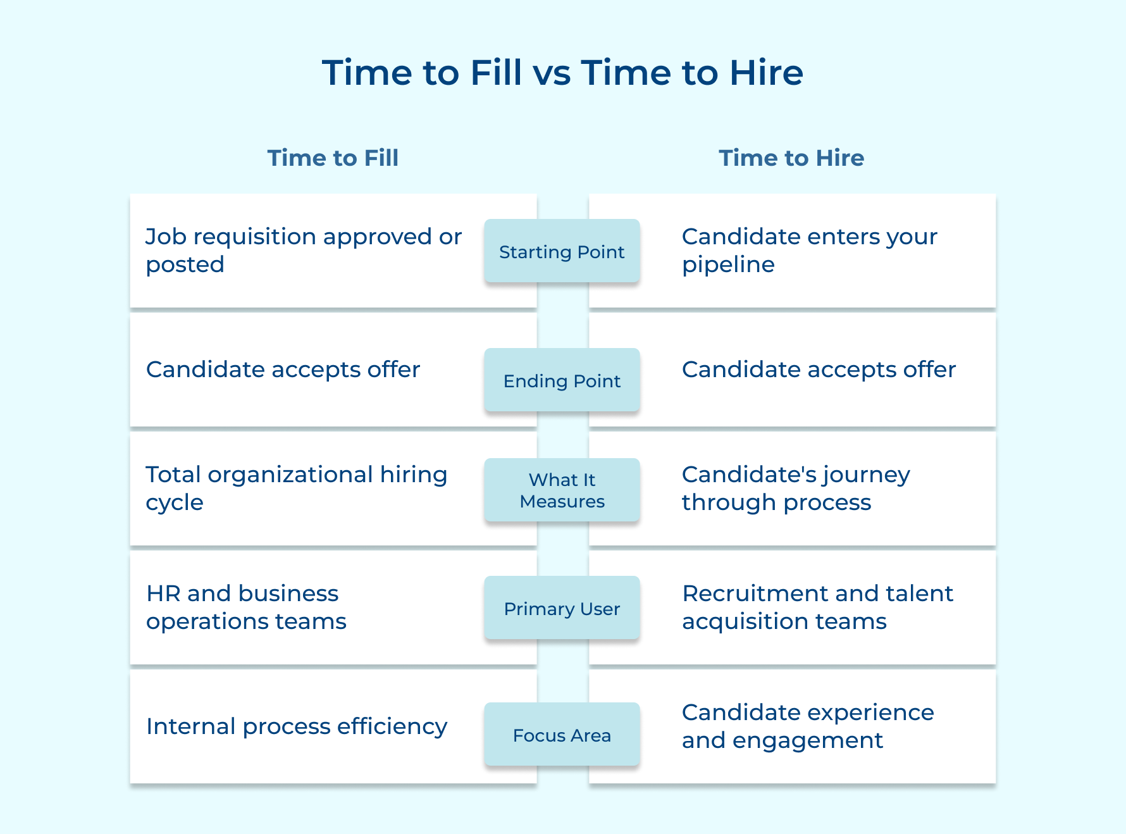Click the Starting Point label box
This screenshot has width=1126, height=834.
(562, 251)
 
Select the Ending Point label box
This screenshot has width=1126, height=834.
(562, 380)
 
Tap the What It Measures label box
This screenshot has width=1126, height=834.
(562, 490)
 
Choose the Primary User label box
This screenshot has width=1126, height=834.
(562, 608)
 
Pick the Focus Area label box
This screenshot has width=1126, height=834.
(562, 735)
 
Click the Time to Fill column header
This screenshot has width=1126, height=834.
(333, 158)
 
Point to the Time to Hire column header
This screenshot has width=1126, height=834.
(791, 158)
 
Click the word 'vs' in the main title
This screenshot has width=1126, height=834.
(552, 73)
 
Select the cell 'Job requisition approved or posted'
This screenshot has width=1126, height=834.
(304, 251)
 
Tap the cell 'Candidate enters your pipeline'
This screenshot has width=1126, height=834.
(809, 251)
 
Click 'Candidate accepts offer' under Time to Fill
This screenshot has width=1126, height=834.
(283, 370)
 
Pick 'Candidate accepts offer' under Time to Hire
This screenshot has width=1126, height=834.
(819, 370)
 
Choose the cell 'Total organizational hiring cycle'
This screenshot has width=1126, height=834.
(296, 489)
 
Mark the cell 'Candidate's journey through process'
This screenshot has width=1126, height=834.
(796, 489)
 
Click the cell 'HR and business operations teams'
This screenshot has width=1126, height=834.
(246, 607)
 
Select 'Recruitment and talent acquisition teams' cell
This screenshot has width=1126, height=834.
(817, 607)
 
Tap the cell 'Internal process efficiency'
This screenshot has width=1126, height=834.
(296, 726)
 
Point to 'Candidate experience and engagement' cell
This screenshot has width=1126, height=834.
(808, 726)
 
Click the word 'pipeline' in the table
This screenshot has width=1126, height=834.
(728, 265)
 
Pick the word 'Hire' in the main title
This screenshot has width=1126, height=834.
(766, 73)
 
